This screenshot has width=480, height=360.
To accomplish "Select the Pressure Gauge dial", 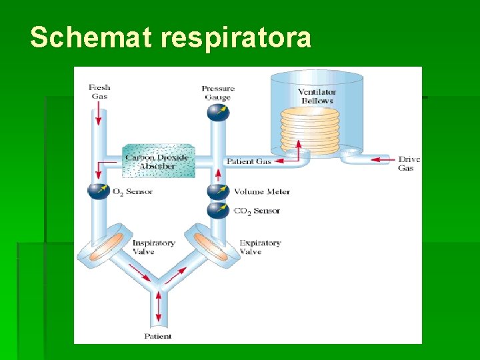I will click(x=217, y=112).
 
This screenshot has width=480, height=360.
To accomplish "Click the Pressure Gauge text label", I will click(x=217, y=93).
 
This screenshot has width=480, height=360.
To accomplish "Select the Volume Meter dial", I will click(x=217, y=192).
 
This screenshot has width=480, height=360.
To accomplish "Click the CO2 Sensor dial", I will click(x=217, y=211).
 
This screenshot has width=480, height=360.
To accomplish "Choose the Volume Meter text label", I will click(x=261, y=192).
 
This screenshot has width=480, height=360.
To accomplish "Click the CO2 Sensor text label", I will click(x=257, y=211).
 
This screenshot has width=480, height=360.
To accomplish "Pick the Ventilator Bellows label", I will click(x=317, y=96).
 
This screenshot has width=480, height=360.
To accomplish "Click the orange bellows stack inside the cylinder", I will click(x=310, y=130).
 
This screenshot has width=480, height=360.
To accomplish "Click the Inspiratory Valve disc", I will click(x=106, y=246).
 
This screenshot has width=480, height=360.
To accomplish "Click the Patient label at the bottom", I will click(x=158, y=337).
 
